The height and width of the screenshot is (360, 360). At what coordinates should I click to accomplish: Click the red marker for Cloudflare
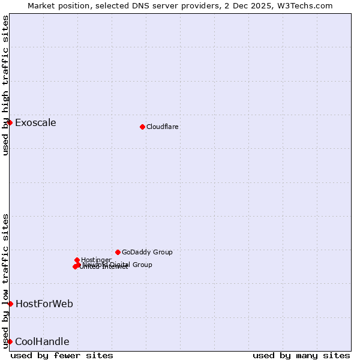(142, 127)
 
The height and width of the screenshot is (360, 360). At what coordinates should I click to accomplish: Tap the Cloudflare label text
(163, 127)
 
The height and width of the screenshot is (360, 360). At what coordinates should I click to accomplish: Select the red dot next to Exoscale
(10, 122)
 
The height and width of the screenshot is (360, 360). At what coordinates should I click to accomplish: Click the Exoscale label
(35, 123)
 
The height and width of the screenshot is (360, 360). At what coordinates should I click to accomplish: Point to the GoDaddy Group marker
(118, 252)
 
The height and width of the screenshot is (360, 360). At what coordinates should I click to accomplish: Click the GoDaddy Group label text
(147, 252)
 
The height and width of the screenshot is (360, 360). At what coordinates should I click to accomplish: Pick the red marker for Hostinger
(77, 260)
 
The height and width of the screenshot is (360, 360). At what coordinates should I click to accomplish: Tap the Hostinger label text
(96, 260)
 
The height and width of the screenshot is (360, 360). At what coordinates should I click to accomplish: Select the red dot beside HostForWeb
(10, 304)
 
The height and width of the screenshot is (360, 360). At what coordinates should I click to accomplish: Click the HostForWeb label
(44, 304)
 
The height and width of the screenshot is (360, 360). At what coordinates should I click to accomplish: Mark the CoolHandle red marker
(10, 341)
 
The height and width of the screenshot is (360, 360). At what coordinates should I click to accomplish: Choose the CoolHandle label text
(42, 342)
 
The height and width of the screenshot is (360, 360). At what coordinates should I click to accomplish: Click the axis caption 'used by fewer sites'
(62, 355)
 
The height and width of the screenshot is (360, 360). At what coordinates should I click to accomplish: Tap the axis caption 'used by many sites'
(301, 355)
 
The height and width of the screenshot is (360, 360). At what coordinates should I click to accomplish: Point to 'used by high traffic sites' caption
(5, 85)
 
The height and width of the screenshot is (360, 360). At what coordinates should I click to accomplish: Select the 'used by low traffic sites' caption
(5, 281)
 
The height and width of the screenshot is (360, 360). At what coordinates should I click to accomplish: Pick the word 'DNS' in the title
(134, 5)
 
